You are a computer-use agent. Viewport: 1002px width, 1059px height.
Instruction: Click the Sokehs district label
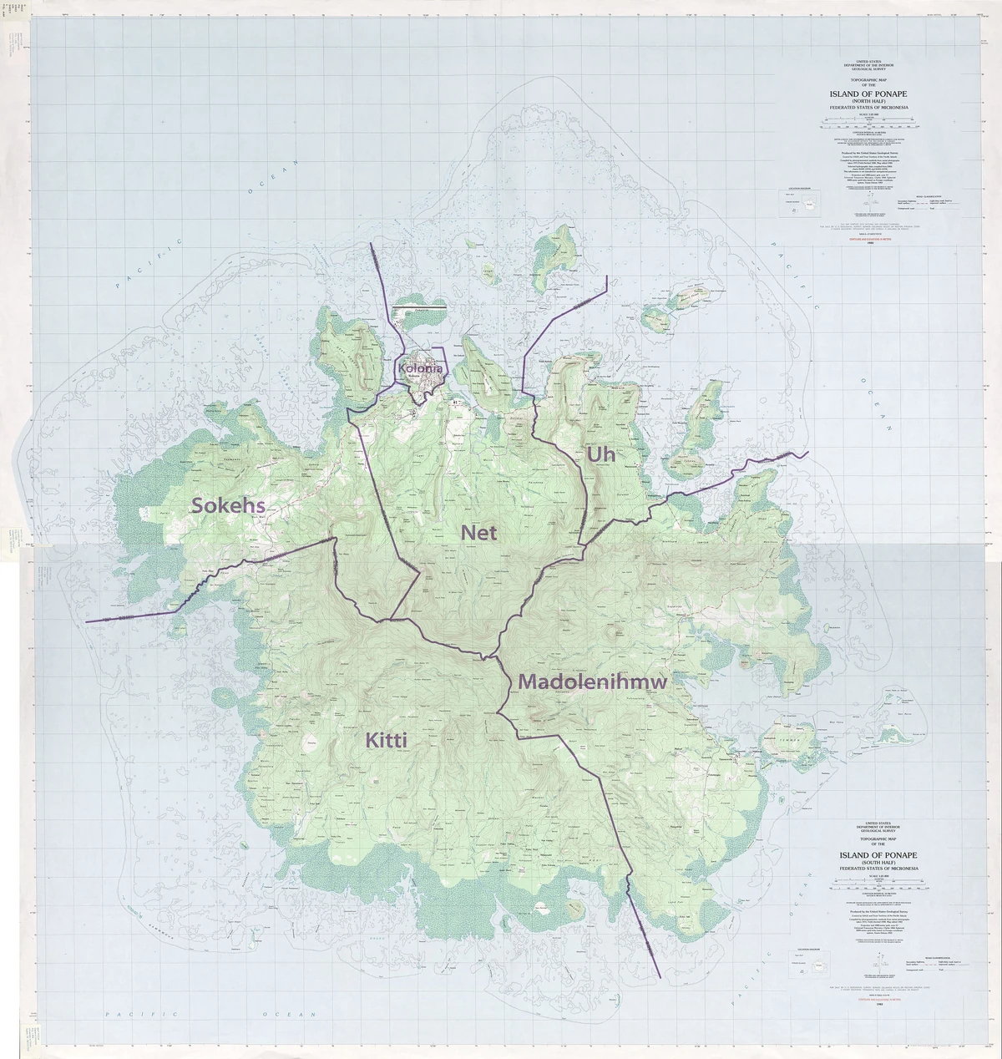(x=229, y=504)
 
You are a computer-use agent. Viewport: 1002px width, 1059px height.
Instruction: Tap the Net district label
(x=478, y=532)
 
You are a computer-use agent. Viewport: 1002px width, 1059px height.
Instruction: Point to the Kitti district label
(x=386, y=740)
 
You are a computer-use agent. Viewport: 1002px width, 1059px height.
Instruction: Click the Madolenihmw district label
(x=593, y=682)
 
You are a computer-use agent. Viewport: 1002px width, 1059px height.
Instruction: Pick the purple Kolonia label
(x=420, y=368)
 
